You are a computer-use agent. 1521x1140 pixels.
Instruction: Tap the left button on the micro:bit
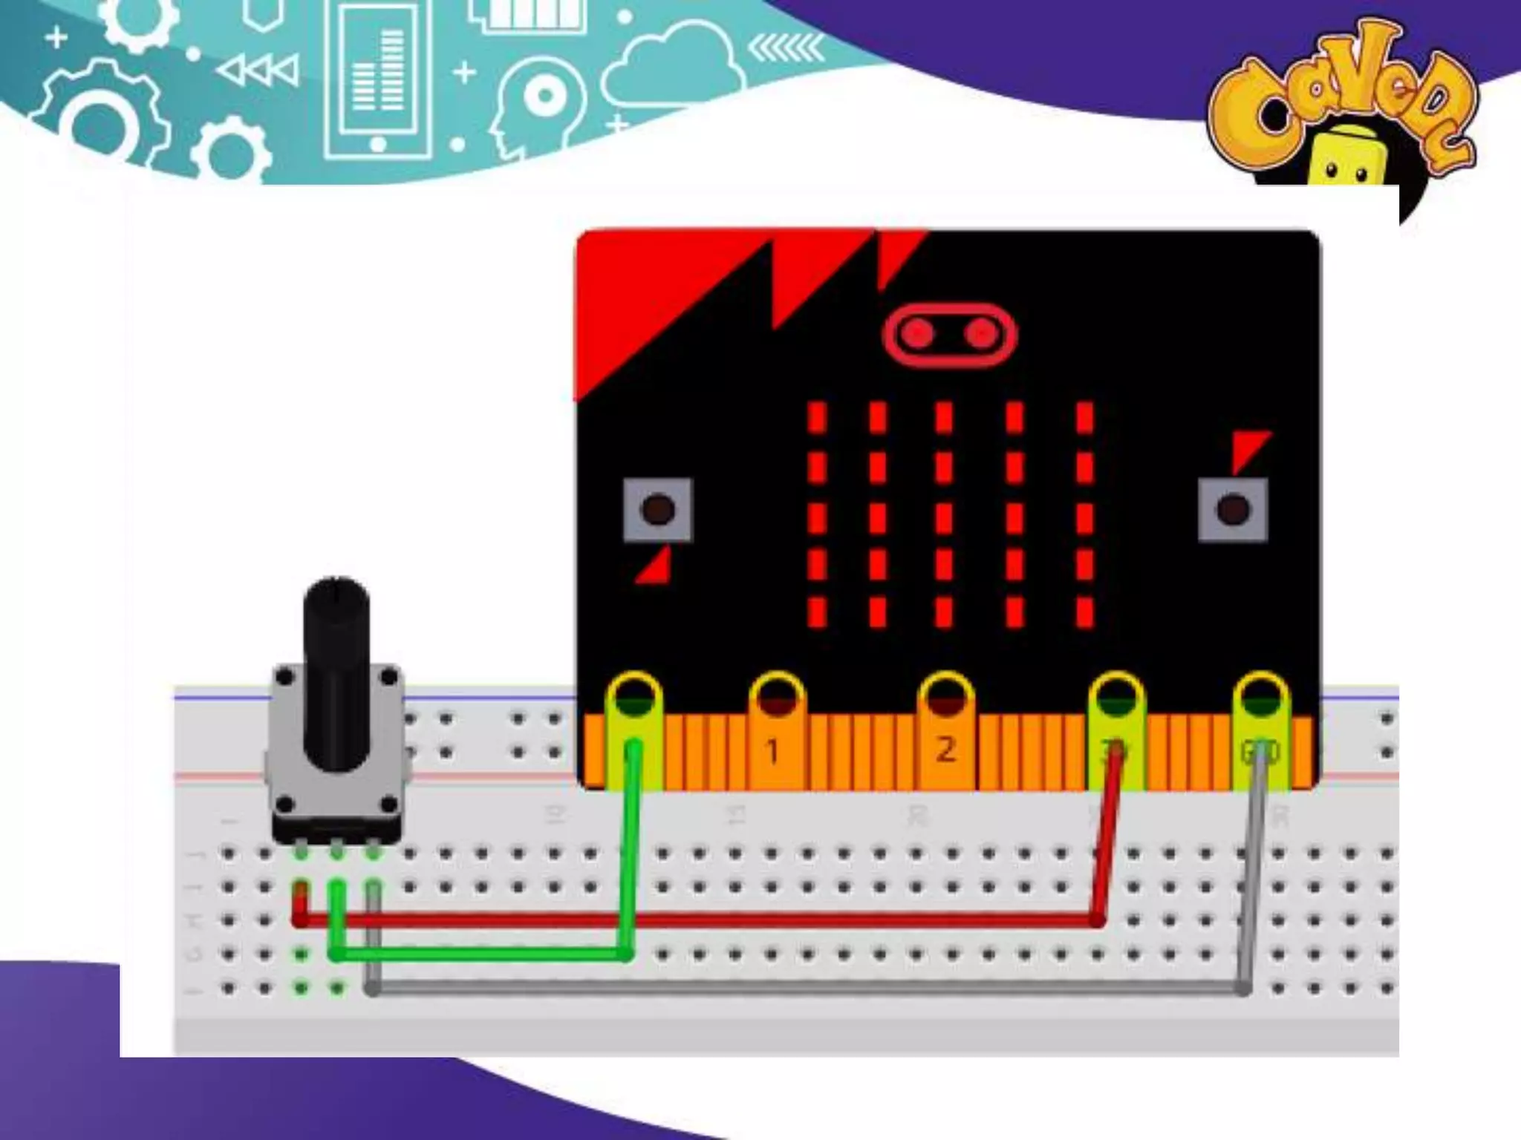[x=657, y=510]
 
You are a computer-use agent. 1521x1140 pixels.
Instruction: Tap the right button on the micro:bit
[x=1233, y=510]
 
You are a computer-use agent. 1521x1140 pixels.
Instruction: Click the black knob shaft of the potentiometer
[x=336, y=668]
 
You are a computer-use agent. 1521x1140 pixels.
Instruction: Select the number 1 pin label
[x=772, y=752]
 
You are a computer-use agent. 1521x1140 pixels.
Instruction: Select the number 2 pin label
[x=945, y=750]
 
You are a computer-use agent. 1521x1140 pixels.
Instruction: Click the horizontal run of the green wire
[x=483, y=954]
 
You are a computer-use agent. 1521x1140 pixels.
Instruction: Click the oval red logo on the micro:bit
[x=949, y=335]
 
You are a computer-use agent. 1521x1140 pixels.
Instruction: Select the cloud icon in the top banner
[x=672, y=63]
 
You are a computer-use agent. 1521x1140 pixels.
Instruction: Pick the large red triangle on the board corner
[x=654, y=297]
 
